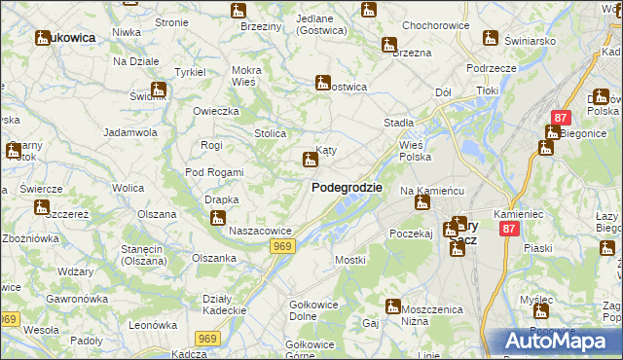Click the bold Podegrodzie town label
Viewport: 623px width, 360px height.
click(x=346, y=187)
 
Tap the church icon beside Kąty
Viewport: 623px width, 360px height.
click(x=311, y=159)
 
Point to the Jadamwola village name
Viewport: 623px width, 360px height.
click(x=130, y=131)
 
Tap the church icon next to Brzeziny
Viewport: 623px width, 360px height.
click(x=238, y=12)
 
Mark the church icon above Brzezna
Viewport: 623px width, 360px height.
click(x=389, y=45)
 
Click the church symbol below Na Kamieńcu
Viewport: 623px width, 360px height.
click(x=421, y=202)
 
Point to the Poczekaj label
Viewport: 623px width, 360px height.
click(x=410, y=234)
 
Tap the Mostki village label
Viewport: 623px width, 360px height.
click(x=349, y=260)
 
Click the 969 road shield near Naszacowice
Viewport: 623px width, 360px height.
click(x=283, y=247)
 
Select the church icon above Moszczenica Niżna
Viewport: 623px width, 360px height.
click(x=393, y=306)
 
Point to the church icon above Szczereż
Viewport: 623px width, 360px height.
click(x=42, y=207)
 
